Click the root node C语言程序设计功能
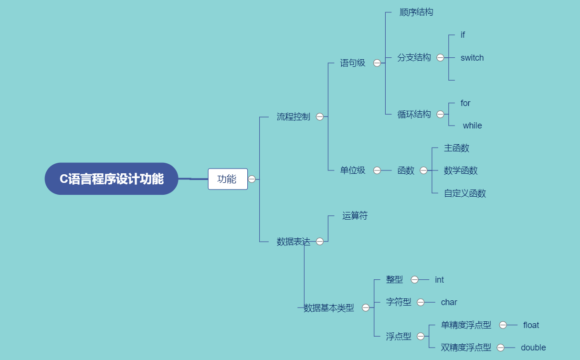tap(111, 179)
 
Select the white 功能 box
tap(228, 179)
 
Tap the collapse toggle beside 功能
tap(252, 179)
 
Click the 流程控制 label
tap(293, 116)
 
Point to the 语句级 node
tap(352, 63)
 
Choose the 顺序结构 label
tap(416, 12)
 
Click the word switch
tap(472, 58)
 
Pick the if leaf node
tap(463, 35)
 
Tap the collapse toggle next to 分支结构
tap(440, 58)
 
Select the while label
tap(473, 126)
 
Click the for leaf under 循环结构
tap(465, 103)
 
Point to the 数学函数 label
tap(461, 170)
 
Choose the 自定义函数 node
tap(465, 193)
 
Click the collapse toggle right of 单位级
tap(377, 170)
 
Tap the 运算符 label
tap(355, 216)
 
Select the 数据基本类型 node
tap(329, 308)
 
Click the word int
tap(440, 280)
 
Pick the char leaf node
tap(449, 302)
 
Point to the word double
tap(533, 348)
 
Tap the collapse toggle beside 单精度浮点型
tap(503, 325)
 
